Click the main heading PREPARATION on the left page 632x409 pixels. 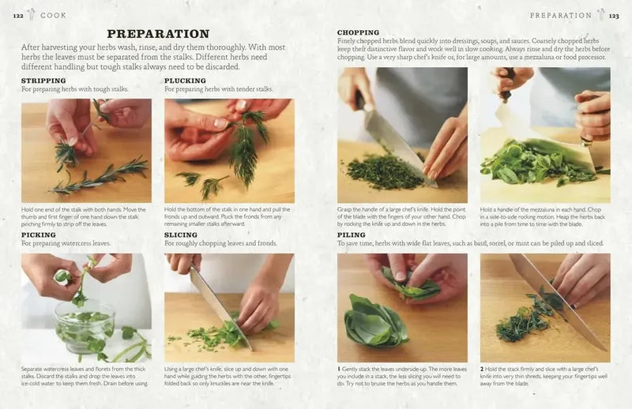click(x=158, y=34)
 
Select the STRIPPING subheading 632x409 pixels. click(x=43, y=81)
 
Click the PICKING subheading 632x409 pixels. click(x=38, y=235)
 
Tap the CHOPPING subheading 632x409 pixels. click(x=358, y=32)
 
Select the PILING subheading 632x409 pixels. click(x=352, y=235)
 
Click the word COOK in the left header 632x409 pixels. click(x=53, y=15)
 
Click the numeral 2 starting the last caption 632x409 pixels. click(x=482, y=368)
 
